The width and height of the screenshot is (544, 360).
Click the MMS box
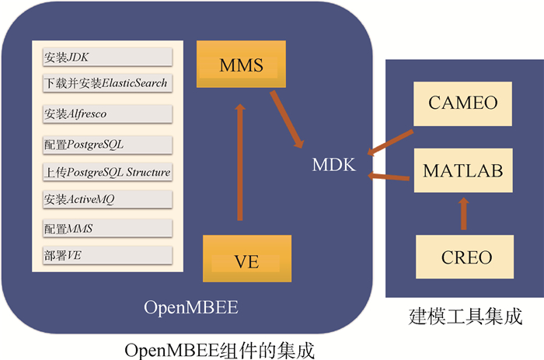[x=240, y=65]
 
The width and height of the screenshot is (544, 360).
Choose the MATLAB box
[x=462, y=170]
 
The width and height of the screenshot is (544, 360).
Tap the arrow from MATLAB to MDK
[x=389, y=177]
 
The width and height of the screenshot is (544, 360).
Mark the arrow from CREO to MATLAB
[x=464, y=212]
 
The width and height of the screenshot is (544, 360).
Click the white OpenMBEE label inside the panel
[x=190, y=308]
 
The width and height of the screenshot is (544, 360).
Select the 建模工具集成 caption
[x=464, y=317]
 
